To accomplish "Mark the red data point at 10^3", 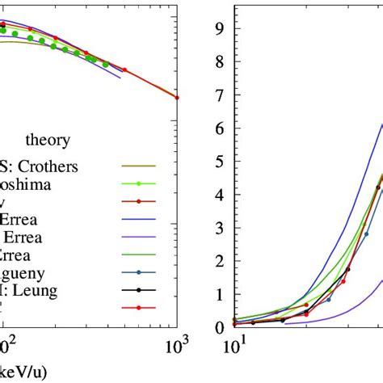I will [177, 98].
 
